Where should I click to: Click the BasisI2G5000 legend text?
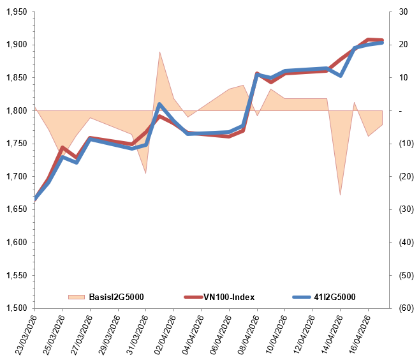[x=116, y=297]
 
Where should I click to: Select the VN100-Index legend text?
[x=229, y=297]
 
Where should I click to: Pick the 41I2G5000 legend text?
[x=335, y=297]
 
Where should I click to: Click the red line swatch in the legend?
[x=193, y=297]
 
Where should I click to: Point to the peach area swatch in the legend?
[x=77, y=297]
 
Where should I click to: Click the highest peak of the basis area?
[x=159, y=52]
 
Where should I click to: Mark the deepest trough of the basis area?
[x=341, y=194]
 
